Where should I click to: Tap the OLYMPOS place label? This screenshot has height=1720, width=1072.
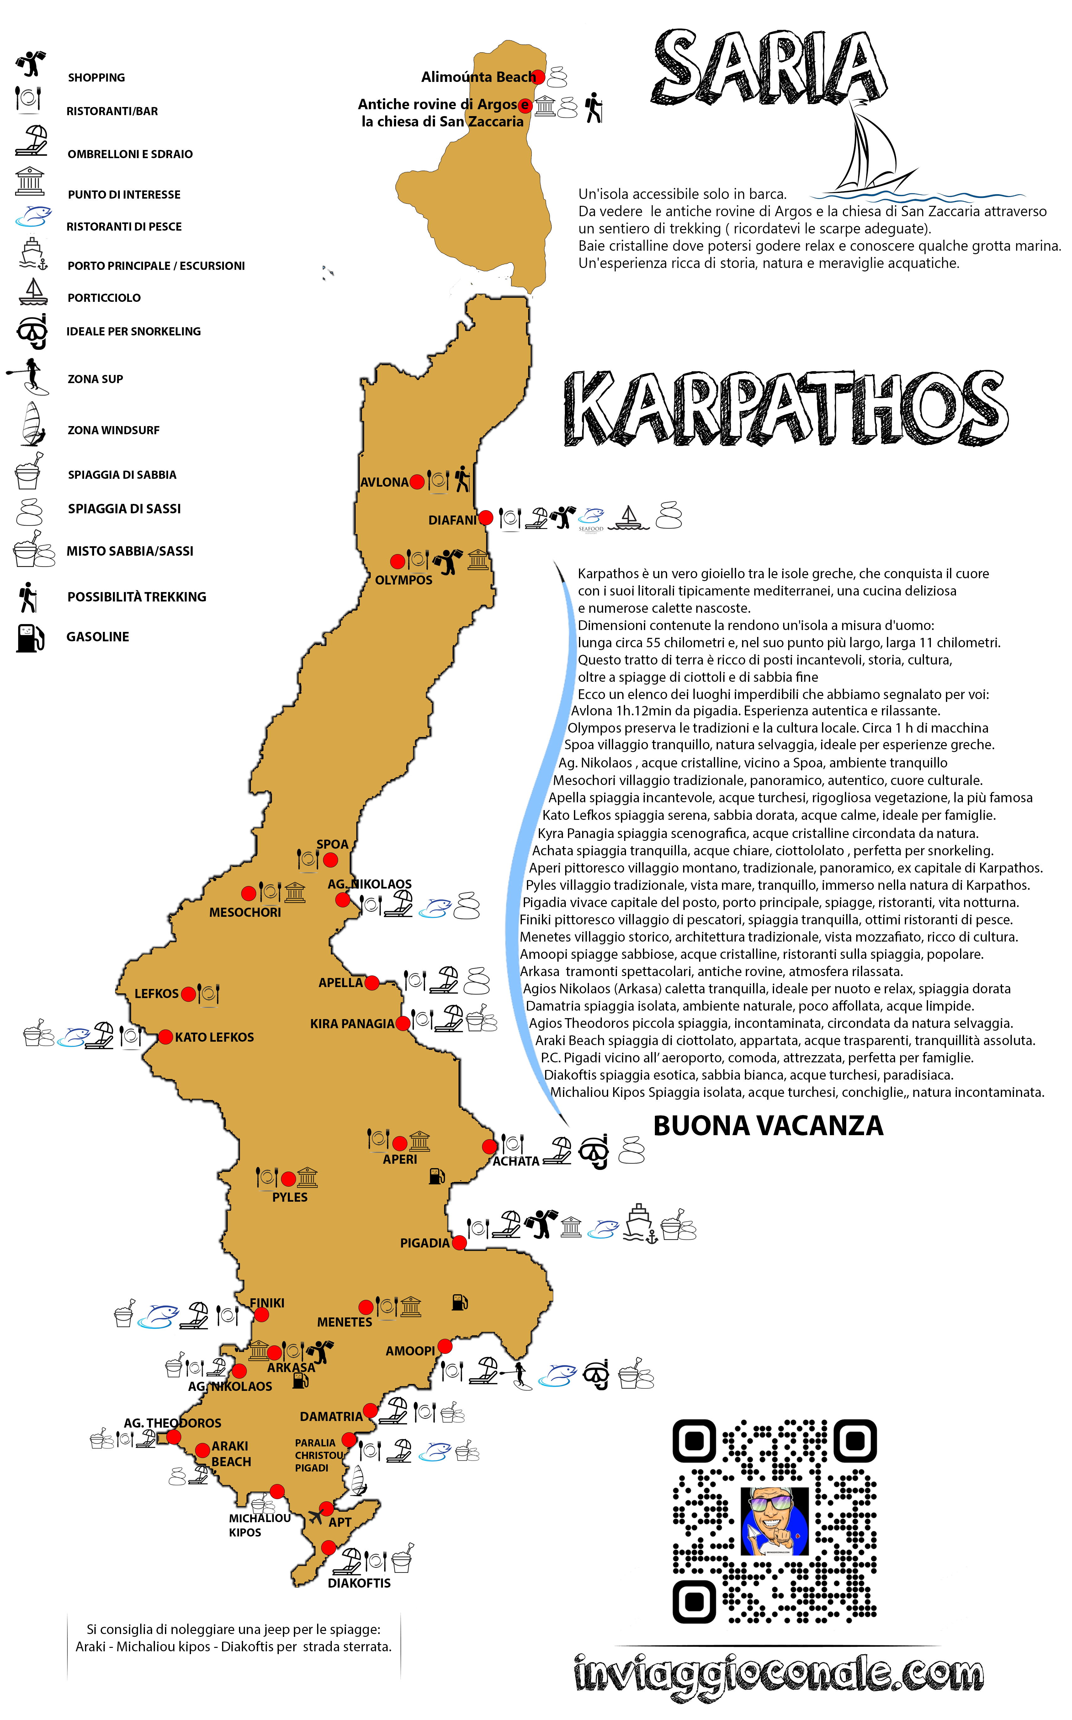coord(403,580)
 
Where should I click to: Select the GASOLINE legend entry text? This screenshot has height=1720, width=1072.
coord(98,637)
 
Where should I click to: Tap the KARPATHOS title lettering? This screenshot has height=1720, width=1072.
coord(786,409)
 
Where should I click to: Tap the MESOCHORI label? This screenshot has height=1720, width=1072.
coord(245,913)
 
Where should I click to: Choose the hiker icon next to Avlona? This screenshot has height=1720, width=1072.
coord(462,479)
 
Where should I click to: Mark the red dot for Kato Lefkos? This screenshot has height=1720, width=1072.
coord(165,1037)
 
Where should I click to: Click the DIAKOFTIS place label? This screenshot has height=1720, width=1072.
coord(359,1583)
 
